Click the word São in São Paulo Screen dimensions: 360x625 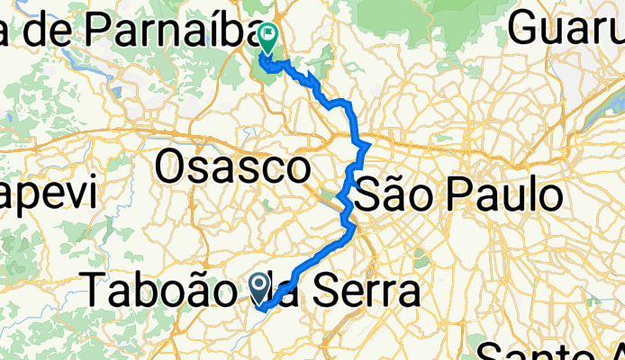[396, 193]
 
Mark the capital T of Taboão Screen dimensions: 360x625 [96, 290]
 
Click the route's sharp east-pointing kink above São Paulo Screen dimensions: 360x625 [368, 145]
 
